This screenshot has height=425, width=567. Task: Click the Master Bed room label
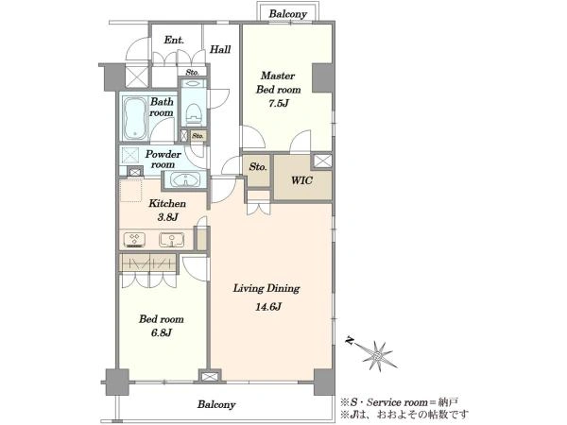(x=278, y=82)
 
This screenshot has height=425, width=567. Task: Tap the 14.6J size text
(x=268, y=307)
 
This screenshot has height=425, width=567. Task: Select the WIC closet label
(x=302, y=180)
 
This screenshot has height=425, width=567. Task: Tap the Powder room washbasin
(x=185, y=179)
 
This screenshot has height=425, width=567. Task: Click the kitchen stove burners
(x=134, y=239)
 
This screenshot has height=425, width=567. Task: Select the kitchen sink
(x=172, y=240)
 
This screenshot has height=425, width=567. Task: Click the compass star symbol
(x=377, y=356)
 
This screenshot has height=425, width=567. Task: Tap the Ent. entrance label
(x=174, y=40)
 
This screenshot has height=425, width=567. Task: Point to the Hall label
(x=220, y=49)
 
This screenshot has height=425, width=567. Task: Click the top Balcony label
(x=288, y=14)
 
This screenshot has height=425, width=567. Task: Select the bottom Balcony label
(x=216, y=404)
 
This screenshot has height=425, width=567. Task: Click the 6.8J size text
(x=162, y=332)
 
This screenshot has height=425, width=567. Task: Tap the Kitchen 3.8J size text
(x=167, y=217)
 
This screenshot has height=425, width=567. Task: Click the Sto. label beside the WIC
(x=258, y=167)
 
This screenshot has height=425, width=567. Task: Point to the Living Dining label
(x=266, y=288)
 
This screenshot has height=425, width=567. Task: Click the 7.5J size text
(x=279, y=103)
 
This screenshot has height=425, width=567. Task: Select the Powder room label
(x=163, y=159)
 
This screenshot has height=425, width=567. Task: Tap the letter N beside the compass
(x=350, y=340)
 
